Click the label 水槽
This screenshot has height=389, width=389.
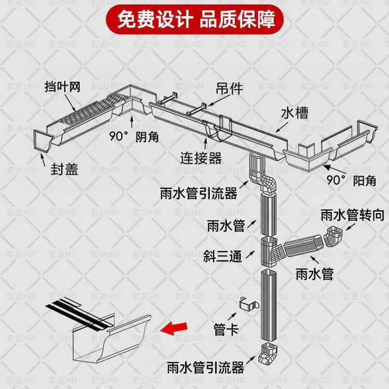pos(295,113)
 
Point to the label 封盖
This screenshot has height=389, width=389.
pos(64,170)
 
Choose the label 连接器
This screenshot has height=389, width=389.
pos(201,156)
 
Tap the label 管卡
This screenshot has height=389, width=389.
pos(227,329)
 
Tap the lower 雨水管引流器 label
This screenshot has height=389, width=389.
pos(205,368)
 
